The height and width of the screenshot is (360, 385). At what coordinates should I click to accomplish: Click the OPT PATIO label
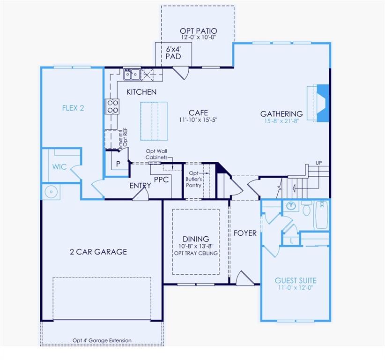coord(198,31)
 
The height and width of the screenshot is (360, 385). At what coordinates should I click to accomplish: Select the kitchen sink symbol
coord(131,74)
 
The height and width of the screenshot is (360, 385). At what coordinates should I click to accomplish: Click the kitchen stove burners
coord(113,107)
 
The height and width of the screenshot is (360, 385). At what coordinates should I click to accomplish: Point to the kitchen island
coord(153,120)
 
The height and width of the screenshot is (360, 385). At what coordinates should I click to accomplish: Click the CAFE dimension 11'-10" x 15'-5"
coord(198,120)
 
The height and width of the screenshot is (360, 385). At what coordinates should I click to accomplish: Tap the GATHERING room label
coord(281,113)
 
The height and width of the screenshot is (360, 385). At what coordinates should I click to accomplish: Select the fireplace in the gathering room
coord(321,103)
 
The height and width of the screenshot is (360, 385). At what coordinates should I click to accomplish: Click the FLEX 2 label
coord(73,108)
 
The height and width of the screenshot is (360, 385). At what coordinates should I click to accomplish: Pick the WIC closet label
coord(59,166)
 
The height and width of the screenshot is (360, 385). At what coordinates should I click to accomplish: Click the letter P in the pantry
coord(118,164)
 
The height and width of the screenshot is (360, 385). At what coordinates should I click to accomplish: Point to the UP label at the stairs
coord(319,163)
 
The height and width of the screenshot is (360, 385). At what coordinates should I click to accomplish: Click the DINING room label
coord(196,239)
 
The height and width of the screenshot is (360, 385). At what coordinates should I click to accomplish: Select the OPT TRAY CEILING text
coord(196,253)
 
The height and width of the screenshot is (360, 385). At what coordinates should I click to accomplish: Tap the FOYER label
coord(245,233)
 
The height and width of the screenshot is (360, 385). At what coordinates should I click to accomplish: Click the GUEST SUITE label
coord(295,280)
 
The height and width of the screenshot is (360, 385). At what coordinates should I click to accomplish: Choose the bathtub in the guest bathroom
coord(321,214)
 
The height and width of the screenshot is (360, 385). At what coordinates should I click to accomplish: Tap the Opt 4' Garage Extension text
coord(102,340)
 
